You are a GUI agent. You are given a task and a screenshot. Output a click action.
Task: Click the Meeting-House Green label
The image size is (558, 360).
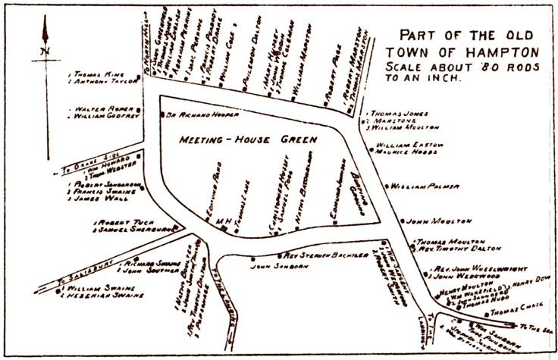click(x=247, y=140)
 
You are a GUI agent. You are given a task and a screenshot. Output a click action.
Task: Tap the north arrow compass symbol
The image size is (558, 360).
click(x=45, y=45)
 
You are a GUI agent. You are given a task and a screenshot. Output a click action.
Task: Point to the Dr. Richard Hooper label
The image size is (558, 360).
click(x=202, y=114)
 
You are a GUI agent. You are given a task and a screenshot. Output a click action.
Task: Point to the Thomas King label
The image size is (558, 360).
click(x=96, y=75)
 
